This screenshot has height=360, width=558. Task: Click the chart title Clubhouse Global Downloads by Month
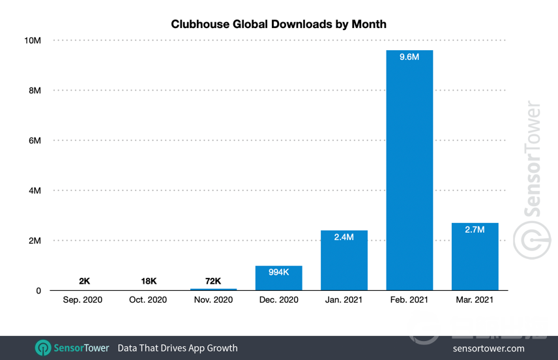coord(278,24)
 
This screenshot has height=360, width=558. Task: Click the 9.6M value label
coord(409,57)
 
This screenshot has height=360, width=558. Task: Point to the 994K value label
coord(279,272)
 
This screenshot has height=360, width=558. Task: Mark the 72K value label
coord(214,281)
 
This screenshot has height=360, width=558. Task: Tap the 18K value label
coord(149,281)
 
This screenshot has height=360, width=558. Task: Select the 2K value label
coord(84,281)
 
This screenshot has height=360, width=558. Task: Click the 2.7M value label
coord(475,230)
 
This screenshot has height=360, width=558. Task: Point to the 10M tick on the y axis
coord(33,40)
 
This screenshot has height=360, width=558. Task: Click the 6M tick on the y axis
coord(34,141)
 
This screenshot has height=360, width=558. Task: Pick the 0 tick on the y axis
coord(38,291)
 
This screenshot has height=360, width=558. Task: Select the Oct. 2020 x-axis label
coord(149,300)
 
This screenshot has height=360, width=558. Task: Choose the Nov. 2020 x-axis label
coord(214,300)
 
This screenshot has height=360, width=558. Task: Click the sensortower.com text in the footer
coord(488,348)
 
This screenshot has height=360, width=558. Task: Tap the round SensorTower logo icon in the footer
coord(43,348)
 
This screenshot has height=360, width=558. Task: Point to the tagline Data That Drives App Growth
coord(177,348)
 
